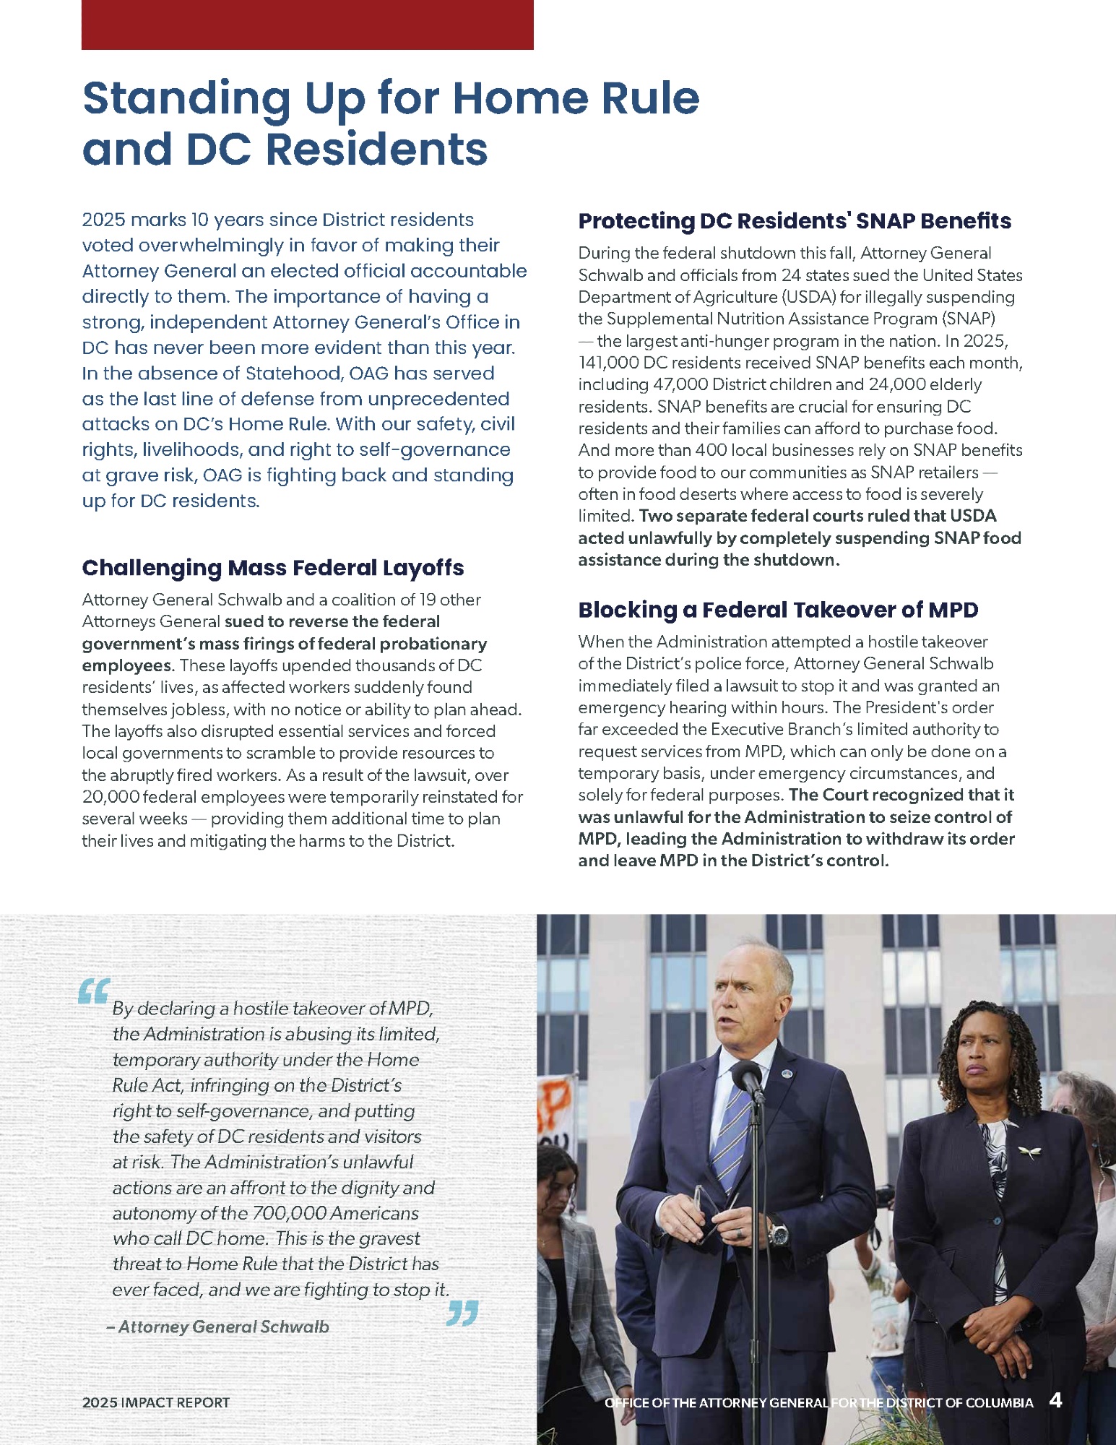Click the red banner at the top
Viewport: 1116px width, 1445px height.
(307, 25)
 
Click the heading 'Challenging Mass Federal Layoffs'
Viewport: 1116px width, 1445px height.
(272, 568)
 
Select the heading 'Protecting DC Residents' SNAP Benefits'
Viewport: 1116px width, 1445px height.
(794, 221)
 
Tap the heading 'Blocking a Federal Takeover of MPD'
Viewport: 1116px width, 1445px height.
(777, 610)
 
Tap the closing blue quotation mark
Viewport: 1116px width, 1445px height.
(462, 1313)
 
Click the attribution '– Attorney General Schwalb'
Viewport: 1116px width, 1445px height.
(217, 1327)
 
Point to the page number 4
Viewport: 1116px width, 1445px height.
(1055, 1401)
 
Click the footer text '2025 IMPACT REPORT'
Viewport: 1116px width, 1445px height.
(155, 1402)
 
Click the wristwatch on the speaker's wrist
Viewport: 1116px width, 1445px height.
(778, 1233)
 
